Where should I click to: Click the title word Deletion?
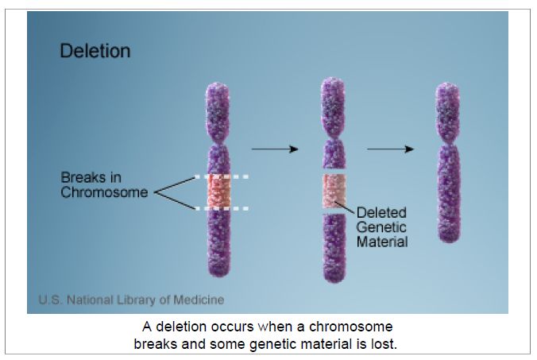[95, 51]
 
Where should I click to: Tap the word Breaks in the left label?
[83, 177]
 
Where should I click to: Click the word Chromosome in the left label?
[104, 192]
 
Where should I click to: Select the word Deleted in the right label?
[381, 213]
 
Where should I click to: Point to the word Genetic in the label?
[381, 227]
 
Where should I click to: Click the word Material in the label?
[382, 242]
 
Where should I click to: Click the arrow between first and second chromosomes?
[275, 149]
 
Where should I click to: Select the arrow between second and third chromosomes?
[390, 149]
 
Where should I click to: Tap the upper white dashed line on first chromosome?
[222, 176]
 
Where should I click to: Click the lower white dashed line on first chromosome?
[222, 208]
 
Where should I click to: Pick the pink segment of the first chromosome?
[219, 192]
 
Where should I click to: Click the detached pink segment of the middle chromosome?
[334, 191]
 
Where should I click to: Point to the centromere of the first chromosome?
[218, 141]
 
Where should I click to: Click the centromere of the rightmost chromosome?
[448, 141]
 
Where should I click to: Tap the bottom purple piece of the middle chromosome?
[334, 248]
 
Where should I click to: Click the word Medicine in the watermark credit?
[199, 300]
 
